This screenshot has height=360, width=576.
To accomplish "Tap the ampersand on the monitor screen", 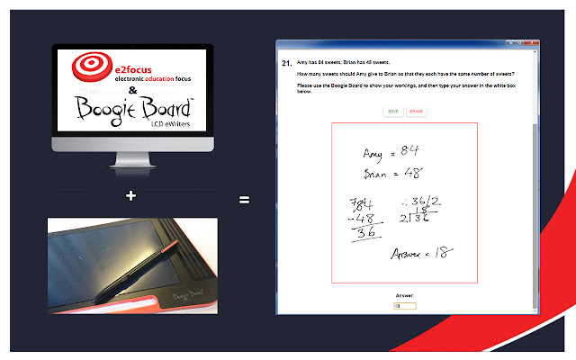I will coord(133,92).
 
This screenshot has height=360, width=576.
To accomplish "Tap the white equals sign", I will coord(244,200).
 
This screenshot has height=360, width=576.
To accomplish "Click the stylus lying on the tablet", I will coord(136,269).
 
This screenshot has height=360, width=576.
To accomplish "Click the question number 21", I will coord(286,63).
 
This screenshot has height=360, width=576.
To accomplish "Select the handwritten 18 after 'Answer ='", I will coord(441,254).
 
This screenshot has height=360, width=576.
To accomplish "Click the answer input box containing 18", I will coord(404,306).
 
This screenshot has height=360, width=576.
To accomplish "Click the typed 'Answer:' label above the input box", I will coord(404,294).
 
